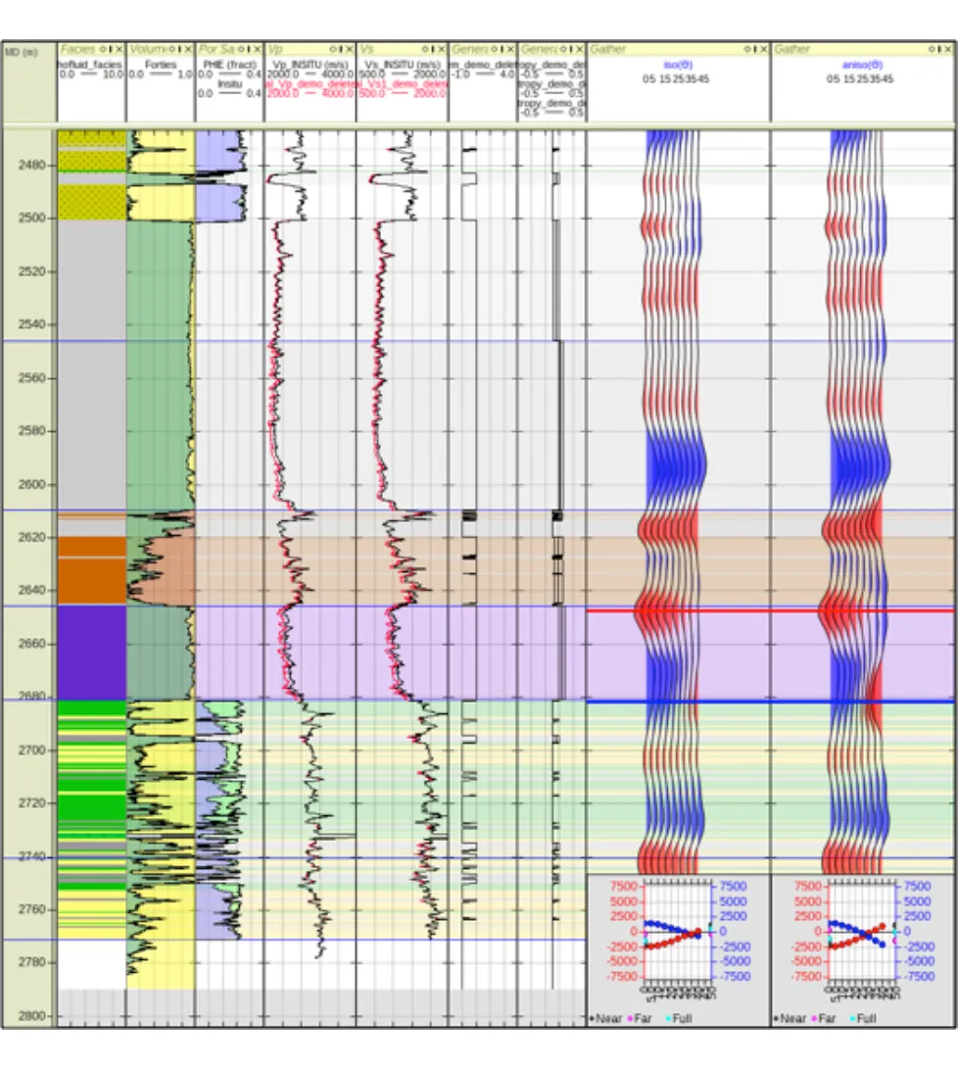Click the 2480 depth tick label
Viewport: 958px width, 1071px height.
click(29, 166)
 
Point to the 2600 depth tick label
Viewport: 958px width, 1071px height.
click(29, 484)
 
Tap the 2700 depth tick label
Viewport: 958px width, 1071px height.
click(29, 750)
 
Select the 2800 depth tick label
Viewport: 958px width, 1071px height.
click(29, 1015)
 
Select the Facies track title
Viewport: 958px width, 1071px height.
click(77, 49)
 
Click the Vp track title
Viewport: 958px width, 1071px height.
click(275, 49)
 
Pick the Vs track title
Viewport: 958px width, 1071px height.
click(367, 49)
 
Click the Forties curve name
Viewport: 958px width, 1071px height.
click(160, 64)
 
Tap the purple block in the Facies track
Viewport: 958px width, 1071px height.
click(92, 652)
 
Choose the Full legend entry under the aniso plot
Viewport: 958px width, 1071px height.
click(867, 1018)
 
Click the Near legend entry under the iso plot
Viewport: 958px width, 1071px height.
click(608, 1018)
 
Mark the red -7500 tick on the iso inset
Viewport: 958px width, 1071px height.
click(624, 976)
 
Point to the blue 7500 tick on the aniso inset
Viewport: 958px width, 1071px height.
click(918, 886)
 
